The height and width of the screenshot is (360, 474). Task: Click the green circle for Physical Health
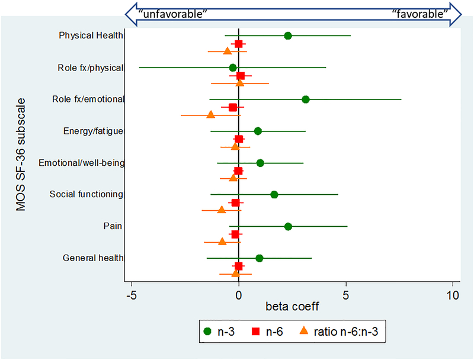(x=288, y=36)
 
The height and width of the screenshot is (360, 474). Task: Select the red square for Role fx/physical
(x=241, y=76)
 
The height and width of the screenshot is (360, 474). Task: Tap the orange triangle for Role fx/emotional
(x=210, y=114)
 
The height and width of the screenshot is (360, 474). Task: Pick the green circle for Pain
(x=288, y=226)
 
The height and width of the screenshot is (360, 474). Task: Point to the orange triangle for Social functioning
(x=222, y=210)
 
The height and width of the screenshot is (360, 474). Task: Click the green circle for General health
(x=260, y=258)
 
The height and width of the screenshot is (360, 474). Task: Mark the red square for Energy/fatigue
(x=239, y=139)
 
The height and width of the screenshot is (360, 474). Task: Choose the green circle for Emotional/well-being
(x=260, y=163)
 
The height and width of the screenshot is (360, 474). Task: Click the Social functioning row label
(x=87, y=194)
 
